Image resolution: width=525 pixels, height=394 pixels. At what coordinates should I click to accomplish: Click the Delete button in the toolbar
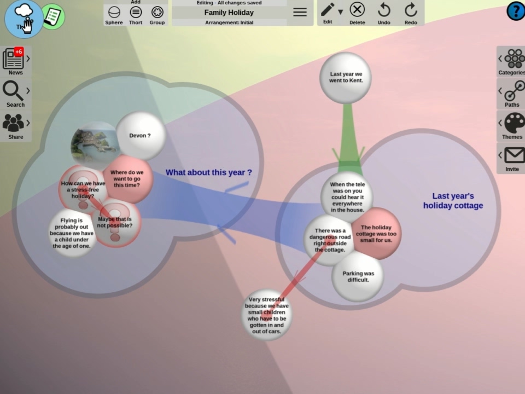point(357,13)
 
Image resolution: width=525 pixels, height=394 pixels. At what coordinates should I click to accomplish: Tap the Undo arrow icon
point(384,13)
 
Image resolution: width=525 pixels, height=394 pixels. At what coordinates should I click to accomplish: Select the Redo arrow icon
point(411,13)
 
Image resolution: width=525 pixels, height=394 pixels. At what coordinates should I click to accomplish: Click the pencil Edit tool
point(328,11)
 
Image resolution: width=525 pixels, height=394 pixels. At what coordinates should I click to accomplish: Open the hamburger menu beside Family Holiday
point(300,12)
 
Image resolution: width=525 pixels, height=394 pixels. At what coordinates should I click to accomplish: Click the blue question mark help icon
point(515,11)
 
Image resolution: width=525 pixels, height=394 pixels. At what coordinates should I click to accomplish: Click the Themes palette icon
point(514,125)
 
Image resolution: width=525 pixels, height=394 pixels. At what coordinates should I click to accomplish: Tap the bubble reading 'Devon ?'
point(140,136)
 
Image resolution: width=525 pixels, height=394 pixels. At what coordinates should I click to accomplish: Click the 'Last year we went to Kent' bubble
point(346,78)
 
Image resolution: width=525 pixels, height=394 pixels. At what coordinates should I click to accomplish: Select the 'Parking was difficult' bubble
point(358,276)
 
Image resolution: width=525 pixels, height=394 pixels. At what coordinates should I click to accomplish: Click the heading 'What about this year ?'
point(209,172)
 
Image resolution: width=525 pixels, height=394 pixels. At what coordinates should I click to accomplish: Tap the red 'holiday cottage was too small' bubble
point(377,234)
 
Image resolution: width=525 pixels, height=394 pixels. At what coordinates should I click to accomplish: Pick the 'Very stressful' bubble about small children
point(267,315)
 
